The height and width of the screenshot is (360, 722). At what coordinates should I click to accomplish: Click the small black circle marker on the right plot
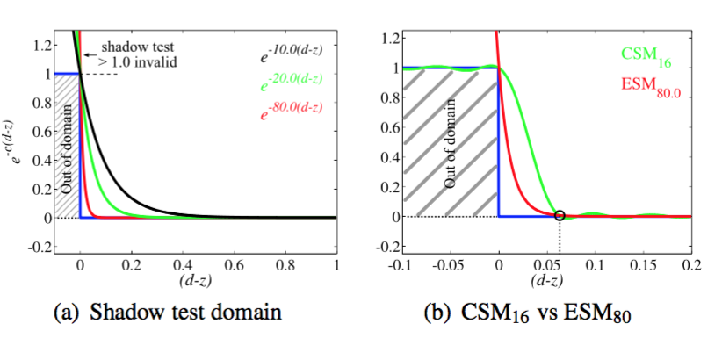(x=560, y=215)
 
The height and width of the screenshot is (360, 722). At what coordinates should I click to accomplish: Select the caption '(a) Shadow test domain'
(x=185, y=312)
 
